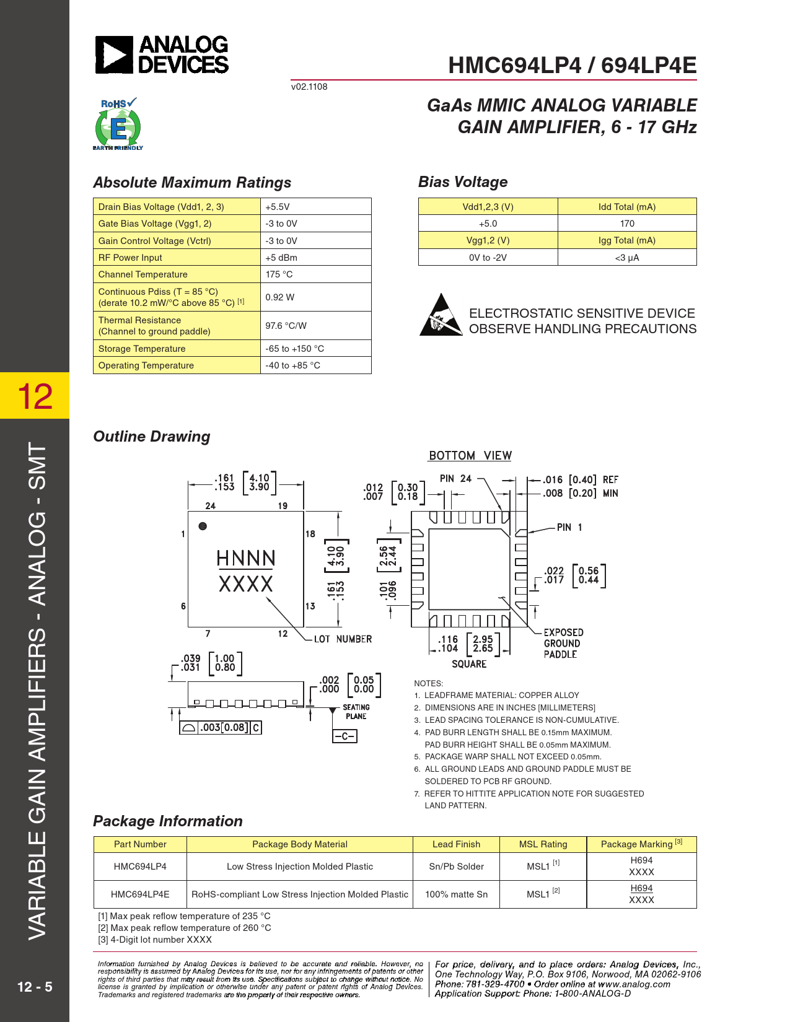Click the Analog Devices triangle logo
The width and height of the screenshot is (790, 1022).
tap(114, 55)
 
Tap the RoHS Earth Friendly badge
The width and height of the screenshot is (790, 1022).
tap(118, 124)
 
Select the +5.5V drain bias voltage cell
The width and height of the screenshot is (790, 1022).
tap(278, 207)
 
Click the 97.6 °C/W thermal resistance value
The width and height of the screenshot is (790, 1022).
tap(286, 325)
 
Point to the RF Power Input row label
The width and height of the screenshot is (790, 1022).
tap(130, 258)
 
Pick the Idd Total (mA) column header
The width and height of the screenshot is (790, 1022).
tap(626, 207)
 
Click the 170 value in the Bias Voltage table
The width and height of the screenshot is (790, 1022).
tap(627, 224)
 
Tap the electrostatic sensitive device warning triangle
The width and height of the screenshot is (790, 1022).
tap(441, 316)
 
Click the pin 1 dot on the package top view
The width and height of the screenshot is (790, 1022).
tap(203, 526)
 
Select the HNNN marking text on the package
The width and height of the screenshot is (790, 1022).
tap(246, 558)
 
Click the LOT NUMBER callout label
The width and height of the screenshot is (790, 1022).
tap(343, 639)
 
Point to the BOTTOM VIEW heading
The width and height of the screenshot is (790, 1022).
tap(470, 456)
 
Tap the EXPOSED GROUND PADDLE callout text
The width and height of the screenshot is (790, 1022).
tap(563, 643)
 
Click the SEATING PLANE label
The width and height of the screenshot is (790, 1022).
tap(356, 712)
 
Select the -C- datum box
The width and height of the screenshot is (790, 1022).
tap(345, 736)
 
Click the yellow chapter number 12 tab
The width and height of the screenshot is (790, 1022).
tap(35, 396)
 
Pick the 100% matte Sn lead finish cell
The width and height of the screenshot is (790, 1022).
tap(456, 894)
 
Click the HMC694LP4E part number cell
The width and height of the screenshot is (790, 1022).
tap(140, 894)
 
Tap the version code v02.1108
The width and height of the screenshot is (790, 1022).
tap(309, 87)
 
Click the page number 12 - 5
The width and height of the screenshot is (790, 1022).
tap(35, 987)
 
